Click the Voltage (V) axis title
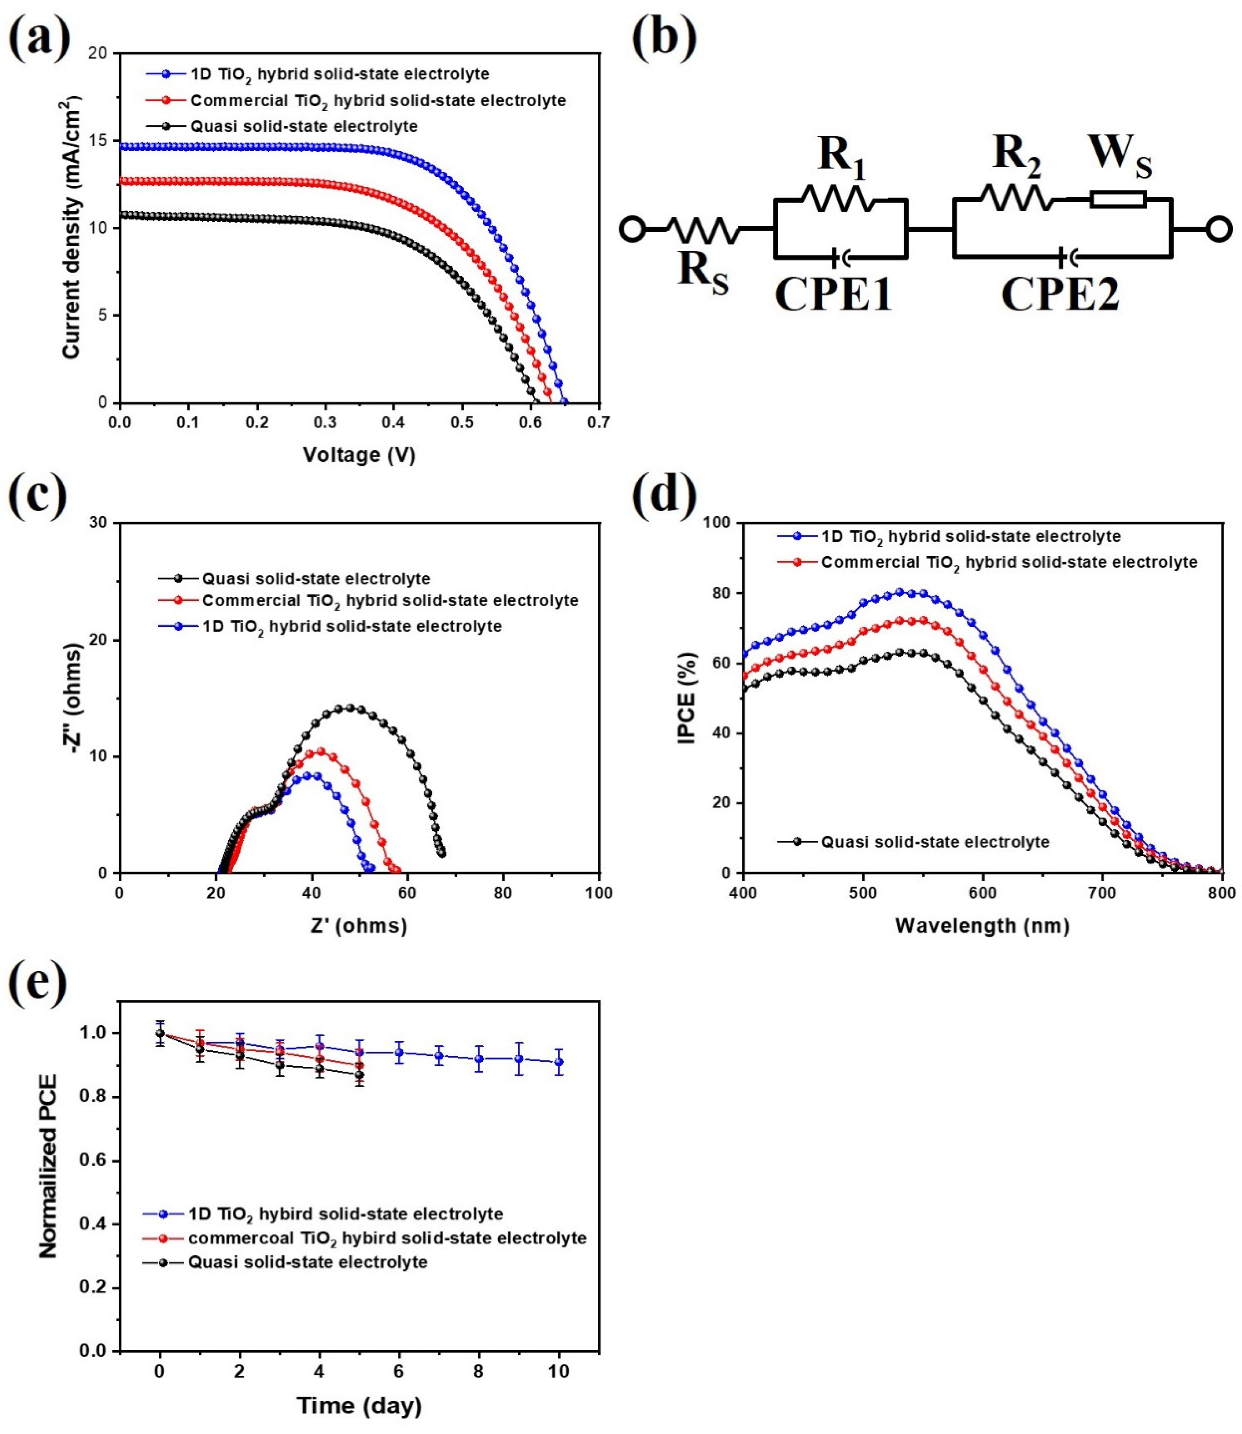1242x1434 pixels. click(x=359, y=455)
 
